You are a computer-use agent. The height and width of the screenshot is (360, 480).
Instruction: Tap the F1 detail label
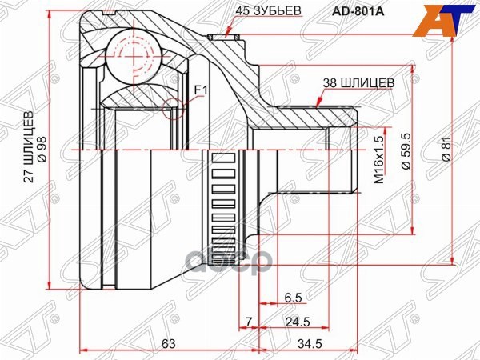tap(200, 90)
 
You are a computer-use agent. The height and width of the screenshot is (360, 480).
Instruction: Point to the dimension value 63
tap(168, 344)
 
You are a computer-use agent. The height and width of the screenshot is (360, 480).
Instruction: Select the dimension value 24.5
tap(298, 322)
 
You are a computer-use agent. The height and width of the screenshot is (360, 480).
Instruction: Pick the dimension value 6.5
tap(293, 298)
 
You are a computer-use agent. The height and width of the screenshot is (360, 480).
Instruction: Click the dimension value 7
tap(249, 322)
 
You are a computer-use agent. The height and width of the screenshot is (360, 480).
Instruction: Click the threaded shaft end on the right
tap(342, 152)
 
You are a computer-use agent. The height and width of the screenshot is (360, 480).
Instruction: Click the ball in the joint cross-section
tap(132, 56)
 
